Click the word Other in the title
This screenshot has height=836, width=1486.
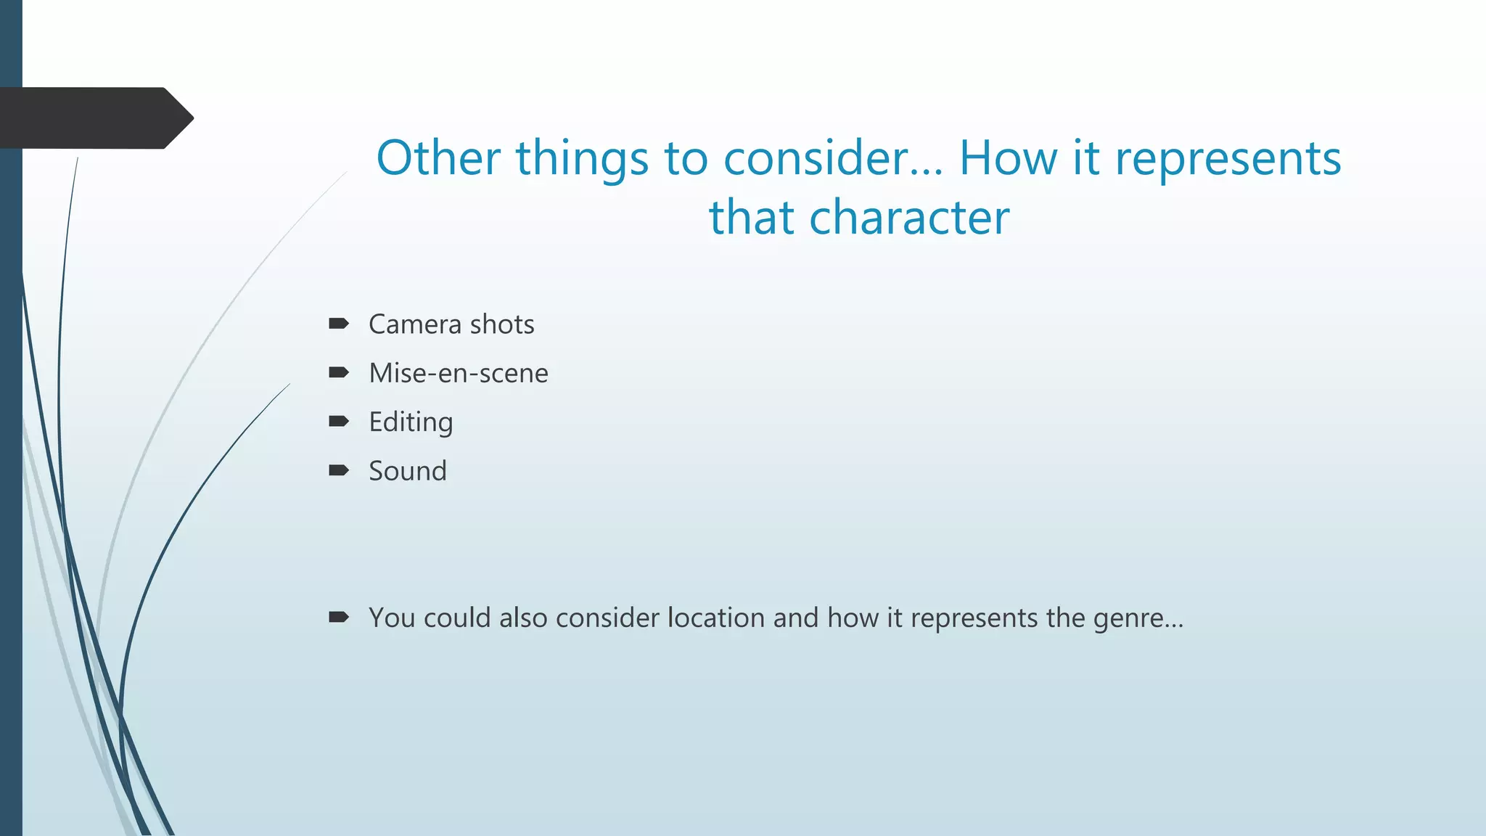pyautogui.click(x=438, y=158)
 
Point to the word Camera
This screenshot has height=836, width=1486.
pyautogui.click(x=414, y=324)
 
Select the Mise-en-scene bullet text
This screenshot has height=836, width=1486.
pyautogui.click(x=459, y=373)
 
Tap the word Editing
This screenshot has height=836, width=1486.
pyautogui.click(x=411, y=422)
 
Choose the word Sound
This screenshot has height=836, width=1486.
pyautogui.click(x=408, y=471)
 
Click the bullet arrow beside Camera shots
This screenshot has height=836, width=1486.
pyautogui.click(x=339, y=324)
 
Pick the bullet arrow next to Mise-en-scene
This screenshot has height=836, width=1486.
pyautogui.click(x=339, y=373)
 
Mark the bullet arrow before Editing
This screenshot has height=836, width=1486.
pyautogui.click(x=339, y=422)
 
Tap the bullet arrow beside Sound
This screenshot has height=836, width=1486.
pyautogui.click(x=339, y=471)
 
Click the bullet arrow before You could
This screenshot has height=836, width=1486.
pyautogui.click(x=339, y=618)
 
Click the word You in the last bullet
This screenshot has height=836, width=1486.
pyautogui.click(x=392, y=618)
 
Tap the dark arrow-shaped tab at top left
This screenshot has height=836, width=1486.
pyautogui.click(x=94, y=118)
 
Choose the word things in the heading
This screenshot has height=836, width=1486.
pyautogui.click(x=582, y=158)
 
